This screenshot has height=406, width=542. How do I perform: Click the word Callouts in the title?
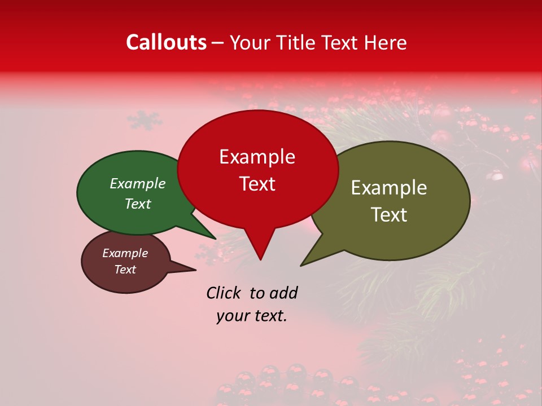click(x=166, y=42)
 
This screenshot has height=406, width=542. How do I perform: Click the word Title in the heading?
click(x=298, y=43)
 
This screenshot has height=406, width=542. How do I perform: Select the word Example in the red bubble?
click(x=257, y=157)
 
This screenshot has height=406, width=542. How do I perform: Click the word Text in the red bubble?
click(x=257, y=184)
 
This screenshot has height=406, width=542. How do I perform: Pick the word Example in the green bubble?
click(x=138, y=183)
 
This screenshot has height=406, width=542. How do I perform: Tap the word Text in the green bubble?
click(x=138, y=204)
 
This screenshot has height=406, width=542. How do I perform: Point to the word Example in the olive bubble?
click(x=389, y=188)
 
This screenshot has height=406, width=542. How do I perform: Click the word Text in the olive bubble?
click(x=389, y=215)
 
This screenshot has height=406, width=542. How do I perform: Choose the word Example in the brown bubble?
click(x=125, y=253)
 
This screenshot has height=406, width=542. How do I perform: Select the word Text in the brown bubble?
click(x=125, y=270)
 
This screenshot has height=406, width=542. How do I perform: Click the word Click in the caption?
click(x=225, y=293)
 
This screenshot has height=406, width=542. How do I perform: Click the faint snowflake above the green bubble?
click(x=144, y=120)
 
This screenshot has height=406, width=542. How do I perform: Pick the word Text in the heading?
click(x=340, y=43)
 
